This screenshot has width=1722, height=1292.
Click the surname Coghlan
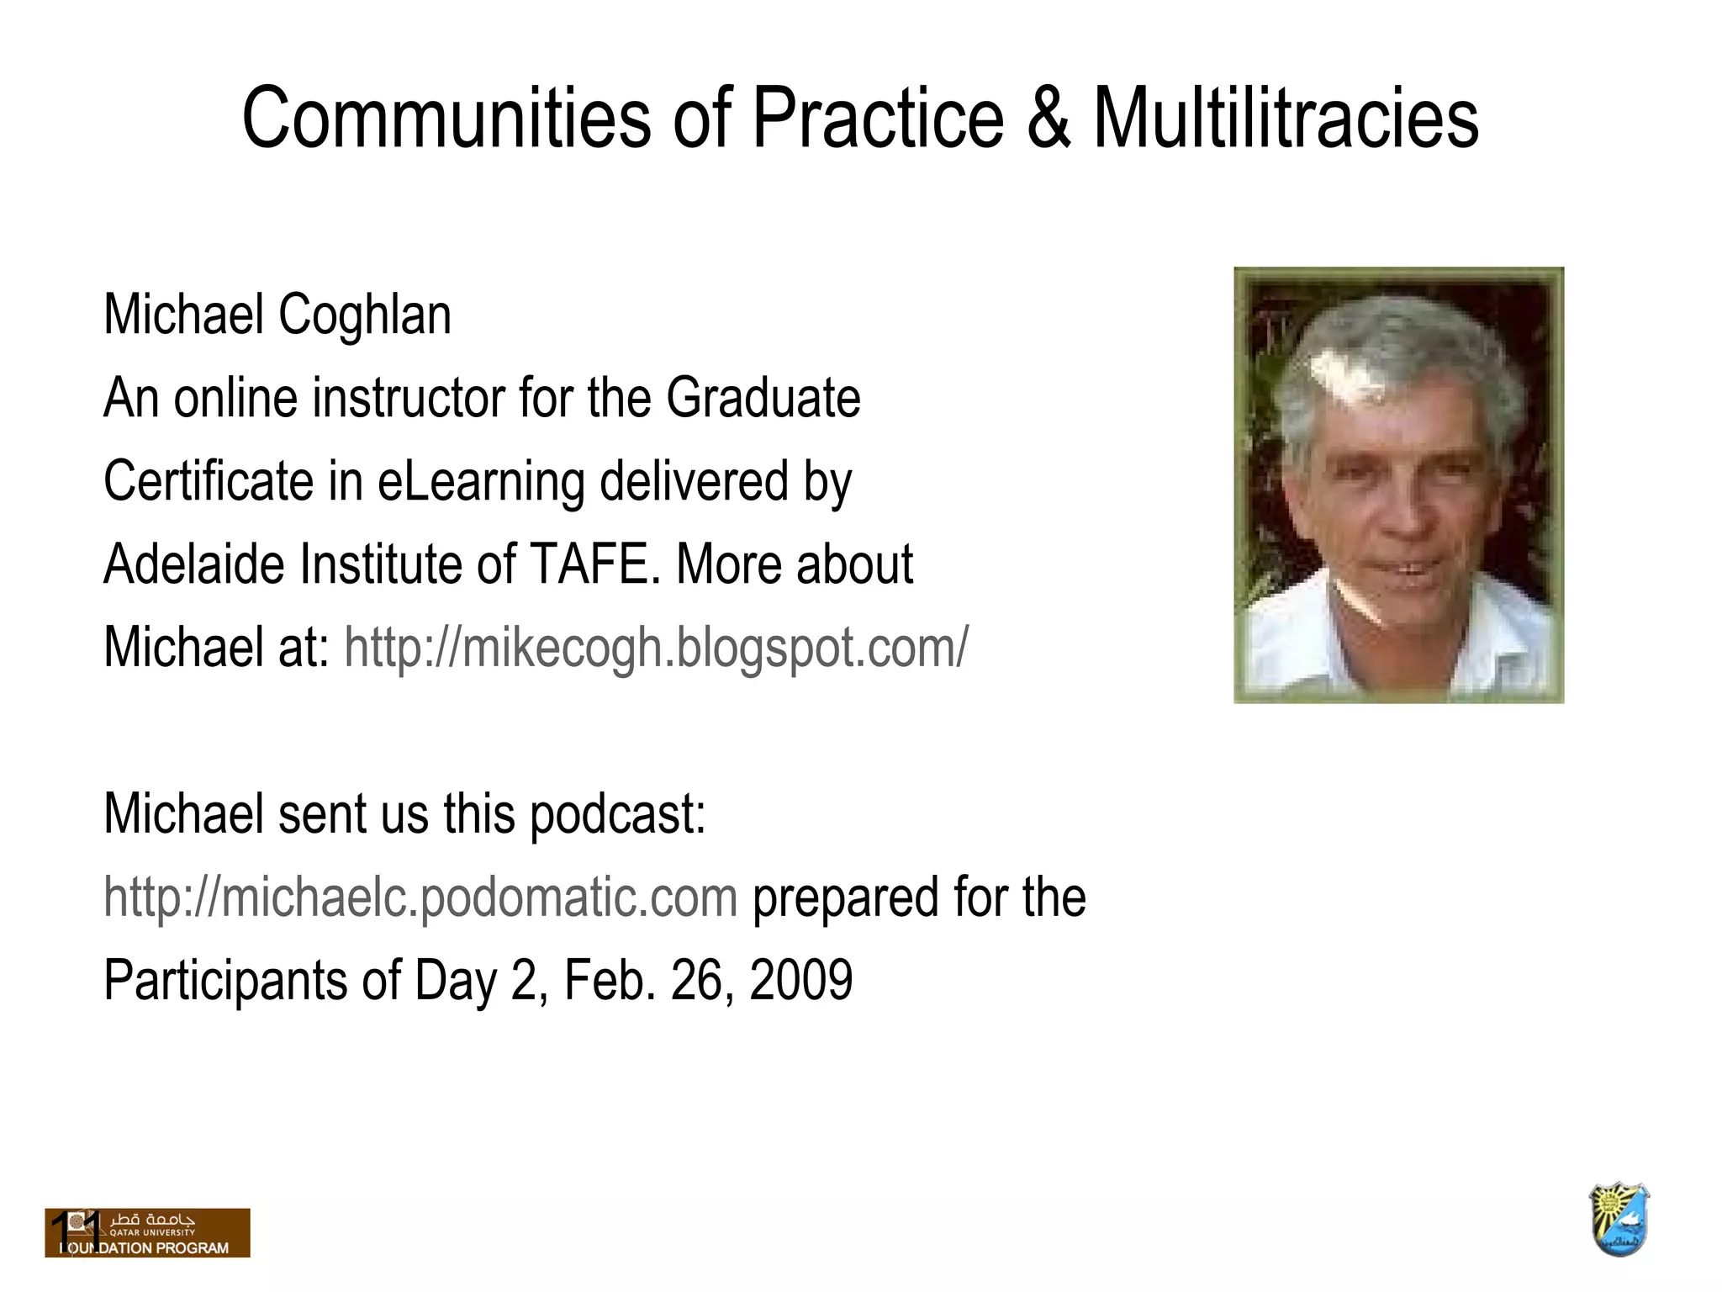point(364,315)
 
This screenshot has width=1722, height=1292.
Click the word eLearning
point(480,481)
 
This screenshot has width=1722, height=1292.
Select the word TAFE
point(594,564)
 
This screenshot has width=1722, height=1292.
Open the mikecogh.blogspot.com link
point(656,648)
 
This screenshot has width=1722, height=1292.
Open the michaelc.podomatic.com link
point(420,898)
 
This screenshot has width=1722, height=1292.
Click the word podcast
point(617,814)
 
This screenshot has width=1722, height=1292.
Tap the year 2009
point(800,980)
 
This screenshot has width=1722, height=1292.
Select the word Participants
point(225,981)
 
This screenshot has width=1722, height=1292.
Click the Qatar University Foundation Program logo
point(148,1233)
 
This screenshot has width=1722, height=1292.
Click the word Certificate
point(208,481)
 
